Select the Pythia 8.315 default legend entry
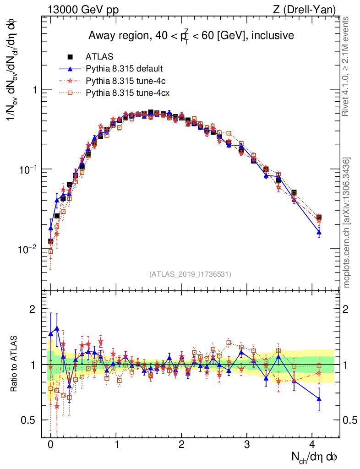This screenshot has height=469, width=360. pyautogui.click(x=124, y=69)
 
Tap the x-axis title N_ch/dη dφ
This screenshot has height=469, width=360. pyautogui.click(x=315, y=457)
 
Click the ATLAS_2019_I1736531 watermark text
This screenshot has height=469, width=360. pyautogui.click(x=190, y=274)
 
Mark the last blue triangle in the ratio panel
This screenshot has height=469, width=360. pyautogui.click(x=319, y=399)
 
